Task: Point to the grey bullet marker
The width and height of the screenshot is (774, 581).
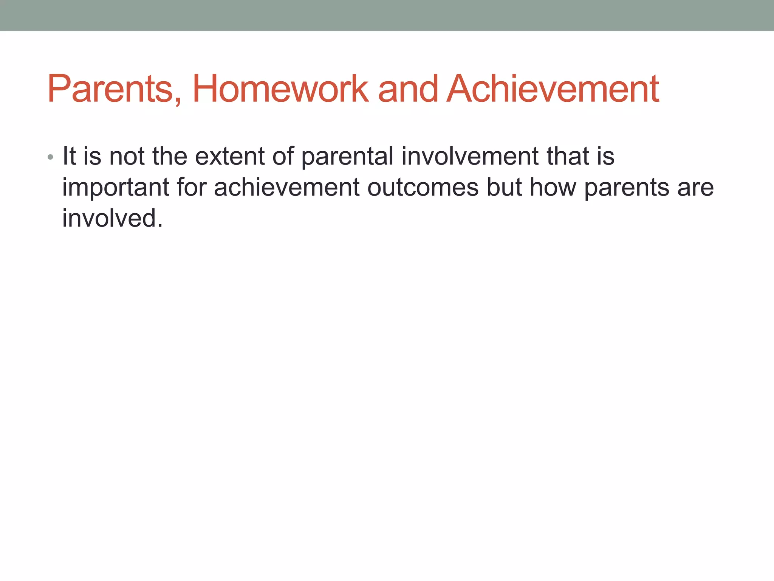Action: [x=50, y=157]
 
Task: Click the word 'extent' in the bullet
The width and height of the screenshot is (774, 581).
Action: [x=229, y=156]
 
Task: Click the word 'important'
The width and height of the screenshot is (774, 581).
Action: [x=116, y=188]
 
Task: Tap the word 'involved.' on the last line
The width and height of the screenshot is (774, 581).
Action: [x=112, y=218]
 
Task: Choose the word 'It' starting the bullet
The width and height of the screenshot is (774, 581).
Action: [x=69, y=156]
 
